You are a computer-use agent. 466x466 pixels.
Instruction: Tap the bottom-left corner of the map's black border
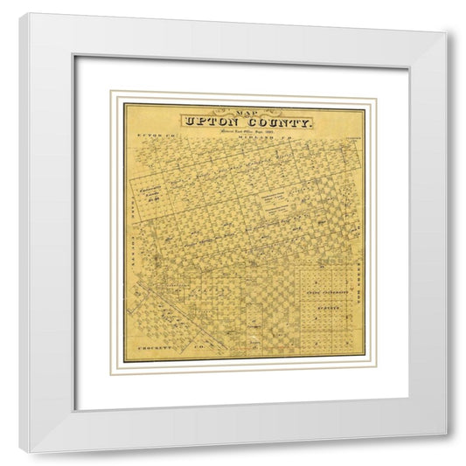pyautogui.click(x=123, y=360)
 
